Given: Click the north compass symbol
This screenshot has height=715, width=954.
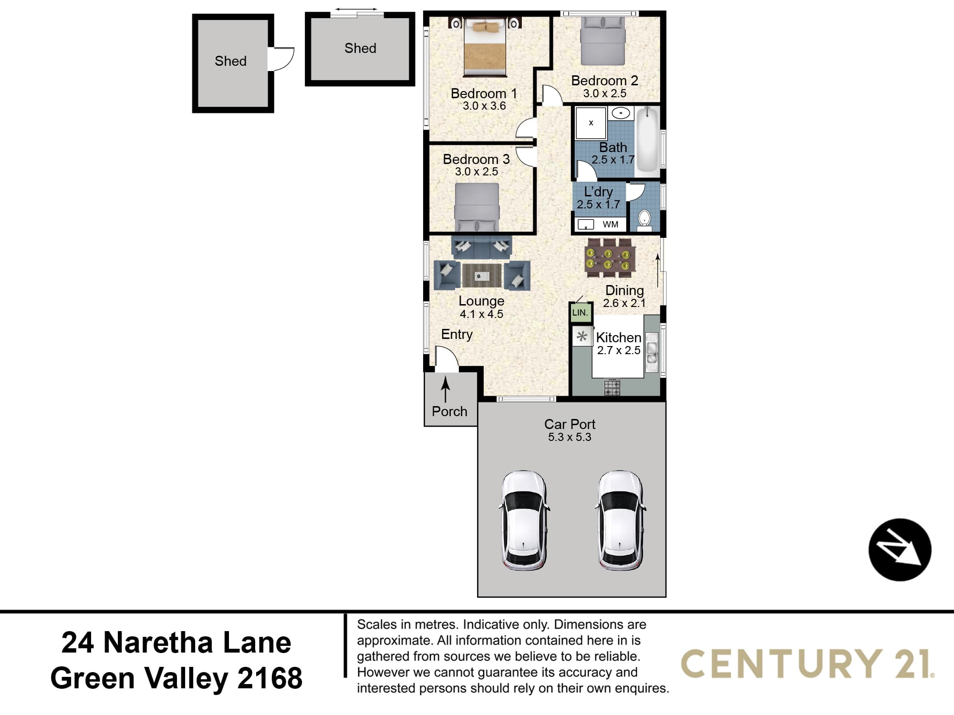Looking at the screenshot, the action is [x=900, y=550].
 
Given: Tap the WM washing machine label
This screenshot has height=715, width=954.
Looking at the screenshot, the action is [x=611, y=225].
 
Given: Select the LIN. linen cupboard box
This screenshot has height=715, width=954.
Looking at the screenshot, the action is [x=581, y=313].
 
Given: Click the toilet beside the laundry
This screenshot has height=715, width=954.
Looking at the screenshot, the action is [x=644, y=219].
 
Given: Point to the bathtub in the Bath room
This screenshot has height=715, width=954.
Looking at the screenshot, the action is [x=647, y=139].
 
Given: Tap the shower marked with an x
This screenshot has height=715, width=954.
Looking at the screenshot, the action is [x=591, y=123].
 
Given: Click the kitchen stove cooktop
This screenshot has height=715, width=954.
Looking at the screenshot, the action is [x=612, y=388].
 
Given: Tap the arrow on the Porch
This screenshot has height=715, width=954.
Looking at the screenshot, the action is [x=446, y=389].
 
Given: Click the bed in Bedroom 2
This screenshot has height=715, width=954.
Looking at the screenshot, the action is [x=602, y=41].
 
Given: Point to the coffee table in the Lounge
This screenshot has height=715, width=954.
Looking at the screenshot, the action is [x=482, y=276].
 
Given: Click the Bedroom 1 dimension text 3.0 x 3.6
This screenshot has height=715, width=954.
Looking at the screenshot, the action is [x=484, y=106].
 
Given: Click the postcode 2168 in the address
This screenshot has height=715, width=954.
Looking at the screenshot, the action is [x=270, y=678].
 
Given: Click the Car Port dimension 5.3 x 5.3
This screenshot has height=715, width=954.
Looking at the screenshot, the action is [x=570, y=437].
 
